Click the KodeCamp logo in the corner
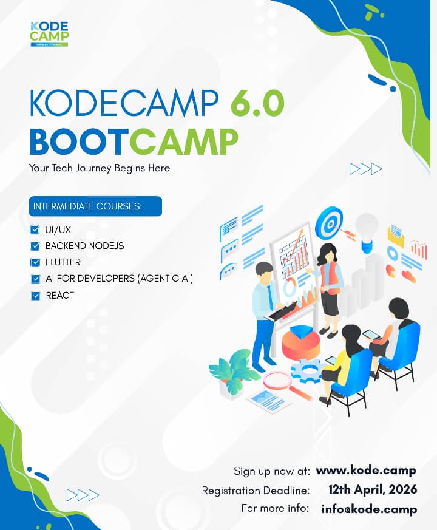(x=49, y=34)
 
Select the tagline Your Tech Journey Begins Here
(x=100, y=168)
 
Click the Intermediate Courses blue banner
(x=95, y=206)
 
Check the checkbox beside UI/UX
(x=35, y=230)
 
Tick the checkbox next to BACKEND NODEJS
(x=35, y=246)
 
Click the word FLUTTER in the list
(x=63, y=262)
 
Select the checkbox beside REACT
(x=35, y=296)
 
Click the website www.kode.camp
(x=366, y=471)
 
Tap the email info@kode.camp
(x=369, y=509)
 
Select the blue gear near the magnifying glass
(x=305, y=369)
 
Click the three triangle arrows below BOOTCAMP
(x=365, y=169)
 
